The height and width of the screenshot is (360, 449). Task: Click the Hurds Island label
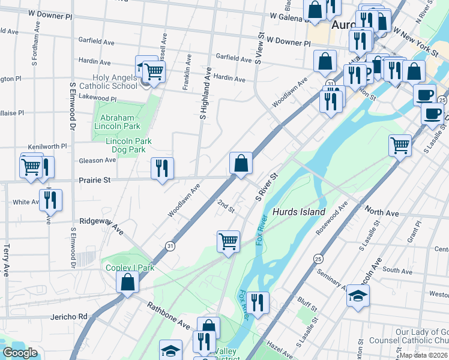(x=298, y=212)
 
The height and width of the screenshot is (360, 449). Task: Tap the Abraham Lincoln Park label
(x=116, y=122)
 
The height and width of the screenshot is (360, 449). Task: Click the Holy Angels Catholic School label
(x=115, y=82)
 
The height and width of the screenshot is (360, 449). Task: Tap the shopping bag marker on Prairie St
(x=240, y=163)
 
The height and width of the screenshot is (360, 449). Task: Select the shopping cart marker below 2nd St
(x=228, y=242)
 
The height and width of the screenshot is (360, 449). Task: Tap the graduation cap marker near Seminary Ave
(x=358, y=296)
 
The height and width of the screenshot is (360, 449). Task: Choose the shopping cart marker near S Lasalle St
(x=400, y=145)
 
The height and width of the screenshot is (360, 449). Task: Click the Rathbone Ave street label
(x=168, y=315)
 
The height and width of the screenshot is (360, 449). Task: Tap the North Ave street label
(x=382, y=212)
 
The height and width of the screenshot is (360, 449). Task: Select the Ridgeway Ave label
(x=101, y=226)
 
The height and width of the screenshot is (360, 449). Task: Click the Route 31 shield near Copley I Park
(x=170, y=245)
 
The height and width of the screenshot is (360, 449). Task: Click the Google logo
(x=20, y=353)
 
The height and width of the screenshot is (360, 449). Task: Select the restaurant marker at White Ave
(x=49, y=199)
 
